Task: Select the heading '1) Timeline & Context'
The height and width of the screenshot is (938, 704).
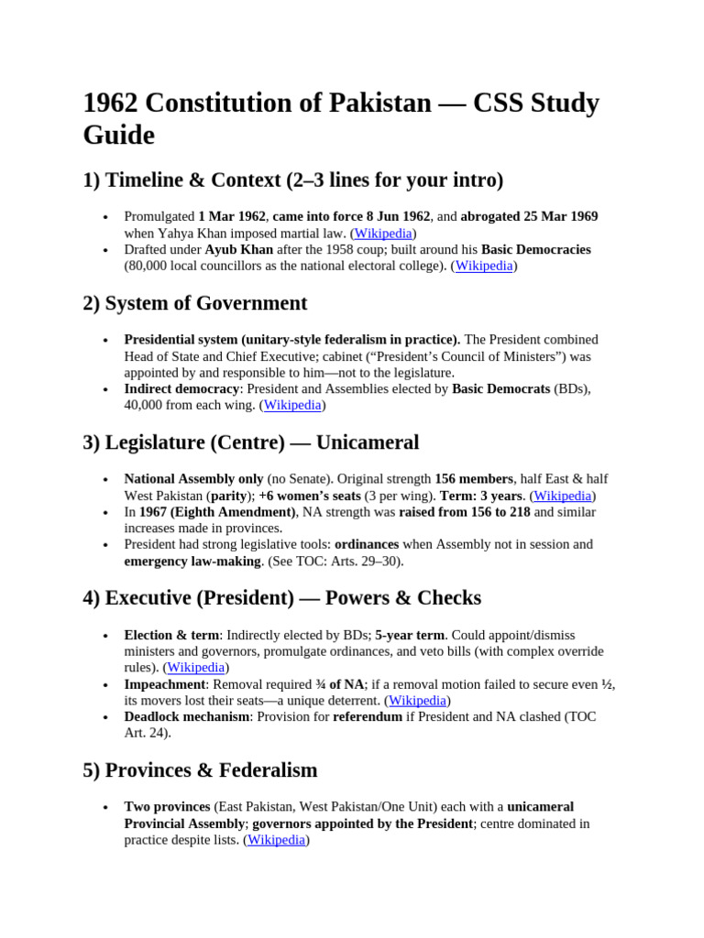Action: pos(292,180)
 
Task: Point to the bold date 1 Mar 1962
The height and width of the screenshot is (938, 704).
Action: pos(232,216)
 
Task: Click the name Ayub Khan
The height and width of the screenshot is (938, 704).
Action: pos(237,249)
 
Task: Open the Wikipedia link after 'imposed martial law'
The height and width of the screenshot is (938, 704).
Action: pos(385,233)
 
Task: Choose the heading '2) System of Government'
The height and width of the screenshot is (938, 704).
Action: pos(194,302)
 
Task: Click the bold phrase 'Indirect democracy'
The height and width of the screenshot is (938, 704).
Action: pos(181,388)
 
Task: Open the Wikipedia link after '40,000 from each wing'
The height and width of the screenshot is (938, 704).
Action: pos(292,405)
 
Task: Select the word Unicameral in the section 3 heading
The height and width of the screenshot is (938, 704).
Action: pos(367,442)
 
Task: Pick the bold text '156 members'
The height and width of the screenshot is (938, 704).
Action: pos(474,479)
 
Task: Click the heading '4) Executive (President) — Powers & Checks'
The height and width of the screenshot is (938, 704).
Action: pos(281,598)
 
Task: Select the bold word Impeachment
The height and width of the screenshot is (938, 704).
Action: pos(165,684)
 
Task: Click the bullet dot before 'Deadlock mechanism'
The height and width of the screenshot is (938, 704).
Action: pos(106,717)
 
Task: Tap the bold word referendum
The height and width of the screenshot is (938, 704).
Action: pos(367,716)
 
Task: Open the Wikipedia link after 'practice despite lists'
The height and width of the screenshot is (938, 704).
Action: pos(276,840)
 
